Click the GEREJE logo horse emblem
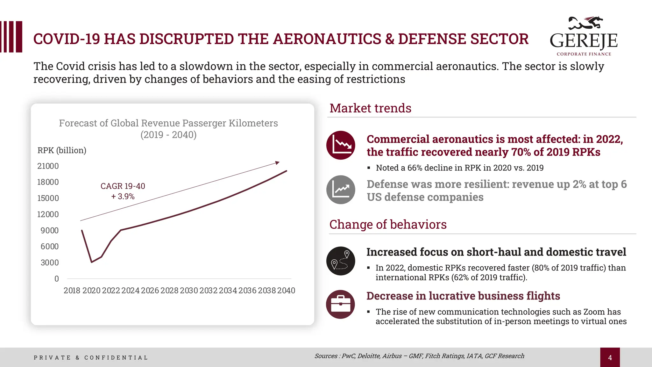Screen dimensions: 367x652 tap(585, 23)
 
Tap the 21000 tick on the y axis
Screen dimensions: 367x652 tap(48, 166)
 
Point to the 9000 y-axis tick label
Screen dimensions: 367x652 tap(49, 230)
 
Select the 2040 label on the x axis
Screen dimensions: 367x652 tap(286, 291)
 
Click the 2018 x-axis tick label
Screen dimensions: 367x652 tap(72, 291)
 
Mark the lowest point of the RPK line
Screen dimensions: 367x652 tap(92, 262)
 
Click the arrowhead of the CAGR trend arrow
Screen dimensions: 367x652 tap(277, 163)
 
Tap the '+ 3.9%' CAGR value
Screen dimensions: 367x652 tap(123, 196)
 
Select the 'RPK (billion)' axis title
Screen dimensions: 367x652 tap(62, 150)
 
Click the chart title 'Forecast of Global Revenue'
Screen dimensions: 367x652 tap(168, 123)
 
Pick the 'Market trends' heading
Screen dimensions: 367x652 tap(370, 108)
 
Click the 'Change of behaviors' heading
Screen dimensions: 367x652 tap(388, 225)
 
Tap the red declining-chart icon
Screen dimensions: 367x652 tap(341, 145)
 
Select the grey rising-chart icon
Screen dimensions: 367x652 tap(341, 190)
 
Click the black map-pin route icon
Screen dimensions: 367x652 tap(341, 261)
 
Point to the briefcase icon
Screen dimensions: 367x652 tap(341, 304)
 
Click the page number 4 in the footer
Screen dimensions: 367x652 tap(610, 357)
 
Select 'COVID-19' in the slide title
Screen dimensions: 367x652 tap(67, 39)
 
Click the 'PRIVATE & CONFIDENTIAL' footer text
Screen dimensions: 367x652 tap(91, 357)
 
